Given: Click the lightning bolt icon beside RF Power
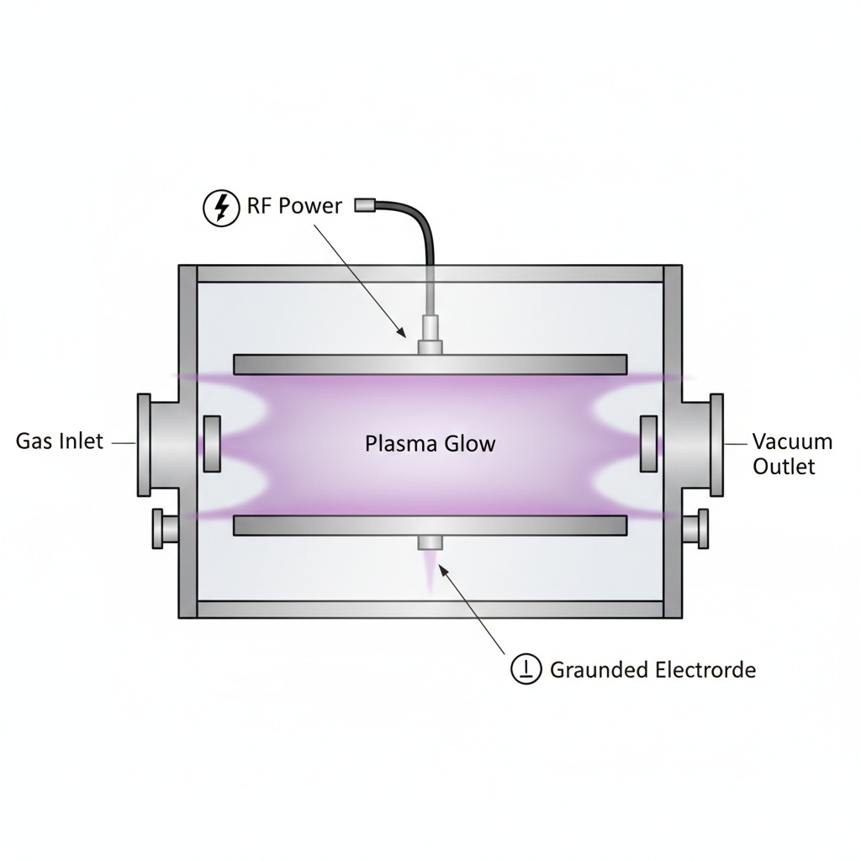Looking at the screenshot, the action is point(221,207).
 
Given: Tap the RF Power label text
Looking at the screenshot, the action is point(294,206).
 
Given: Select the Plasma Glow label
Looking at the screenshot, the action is point(430,443).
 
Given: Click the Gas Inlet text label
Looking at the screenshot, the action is point(60,441).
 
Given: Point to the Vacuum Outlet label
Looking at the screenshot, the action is point(791,453).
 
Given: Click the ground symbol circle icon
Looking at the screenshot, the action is point(526,669).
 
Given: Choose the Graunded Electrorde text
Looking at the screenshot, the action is point(652,670).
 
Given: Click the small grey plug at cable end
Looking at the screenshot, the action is point(367,204).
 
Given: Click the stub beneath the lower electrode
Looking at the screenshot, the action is point(430,542).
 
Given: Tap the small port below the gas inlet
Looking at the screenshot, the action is point(162,529).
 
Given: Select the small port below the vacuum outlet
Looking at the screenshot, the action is point(697,529).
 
